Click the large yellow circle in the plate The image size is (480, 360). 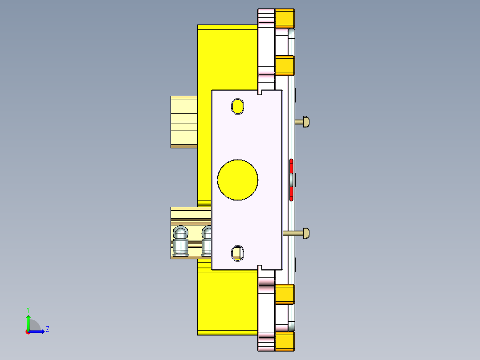click(x=238, y=179)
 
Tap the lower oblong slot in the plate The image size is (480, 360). click(x=238, y=253)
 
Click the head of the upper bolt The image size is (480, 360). click(x=306, y=121)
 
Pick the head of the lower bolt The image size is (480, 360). click(x=306, y=233)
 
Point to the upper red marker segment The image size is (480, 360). click(x=291, y=166)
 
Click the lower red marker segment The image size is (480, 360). click(x=291, y=192)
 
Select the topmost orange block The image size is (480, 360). click(x=285, y=18)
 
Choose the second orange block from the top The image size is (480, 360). click(x=285, y=65)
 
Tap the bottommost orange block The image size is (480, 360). click(x=285, y=341)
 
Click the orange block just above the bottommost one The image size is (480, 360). click(x=285, y=294)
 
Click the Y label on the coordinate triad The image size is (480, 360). click(x=28, y=309)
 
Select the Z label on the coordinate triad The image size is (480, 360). click(x=47, y=329)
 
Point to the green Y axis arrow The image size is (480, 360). click(x=28, y=322)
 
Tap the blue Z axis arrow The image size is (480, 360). click(x=37, y=331)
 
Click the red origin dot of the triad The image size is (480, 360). click(x=28, y=331)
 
